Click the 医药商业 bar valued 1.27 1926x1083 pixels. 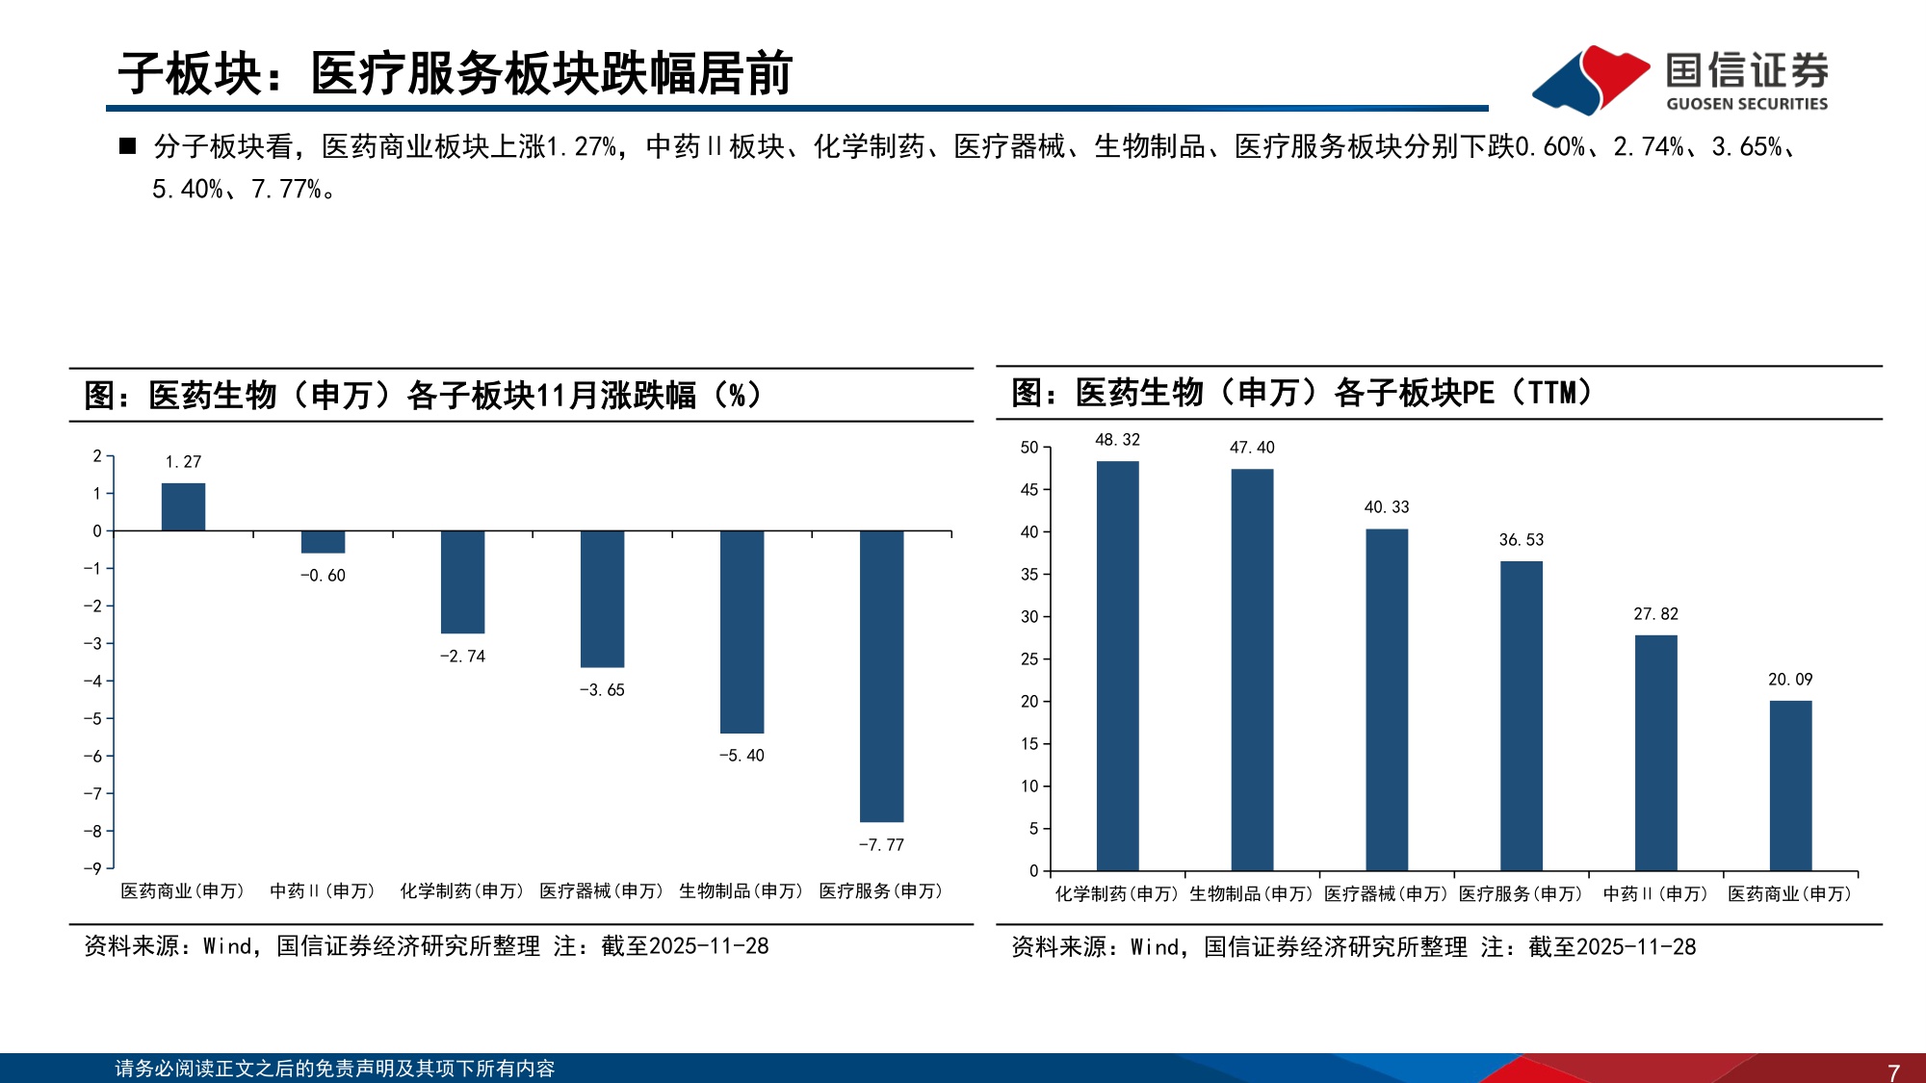pos(183,506)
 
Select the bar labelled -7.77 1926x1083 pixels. pos(881,676)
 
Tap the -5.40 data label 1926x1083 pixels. pos(742,756)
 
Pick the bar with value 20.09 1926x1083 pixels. pos(1790,786)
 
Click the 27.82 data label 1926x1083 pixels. pos(1655,614)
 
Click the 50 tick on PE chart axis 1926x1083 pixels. pos(1029,448)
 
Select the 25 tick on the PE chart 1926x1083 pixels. pos(1029,659)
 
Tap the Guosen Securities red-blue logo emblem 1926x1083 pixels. pos(1591,79)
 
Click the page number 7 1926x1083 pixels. pos(1893,1071)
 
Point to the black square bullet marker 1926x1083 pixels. pos(127,146)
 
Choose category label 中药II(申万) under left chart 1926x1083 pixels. pos(323,891)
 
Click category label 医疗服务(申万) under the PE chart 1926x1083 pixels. pos(1521,894)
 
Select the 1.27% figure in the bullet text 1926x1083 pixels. pos(582,146)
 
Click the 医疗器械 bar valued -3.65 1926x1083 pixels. pos(602,599)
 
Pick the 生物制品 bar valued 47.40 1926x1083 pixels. pos(1252,670)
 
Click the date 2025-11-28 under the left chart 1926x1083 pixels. pos(709,946)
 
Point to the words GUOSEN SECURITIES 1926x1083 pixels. pos(1747,104)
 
